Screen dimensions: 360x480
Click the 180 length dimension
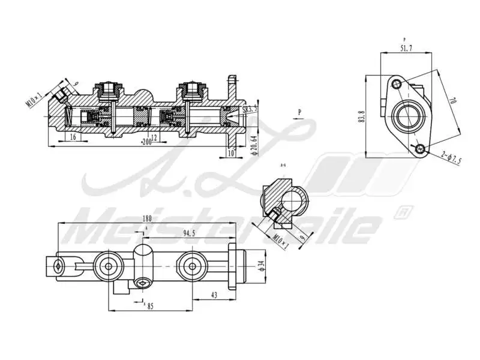coord(147,218)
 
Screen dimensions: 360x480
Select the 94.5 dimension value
coord(189,233)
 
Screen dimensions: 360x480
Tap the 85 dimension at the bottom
coord(150,306)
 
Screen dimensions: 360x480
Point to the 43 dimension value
coord(214,295)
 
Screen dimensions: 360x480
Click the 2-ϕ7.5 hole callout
coord(452,158)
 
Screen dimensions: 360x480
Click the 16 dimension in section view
coord(73,137)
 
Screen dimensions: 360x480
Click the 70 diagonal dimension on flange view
coord(452,102)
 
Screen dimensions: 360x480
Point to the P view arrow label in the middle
coord(299,112)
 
